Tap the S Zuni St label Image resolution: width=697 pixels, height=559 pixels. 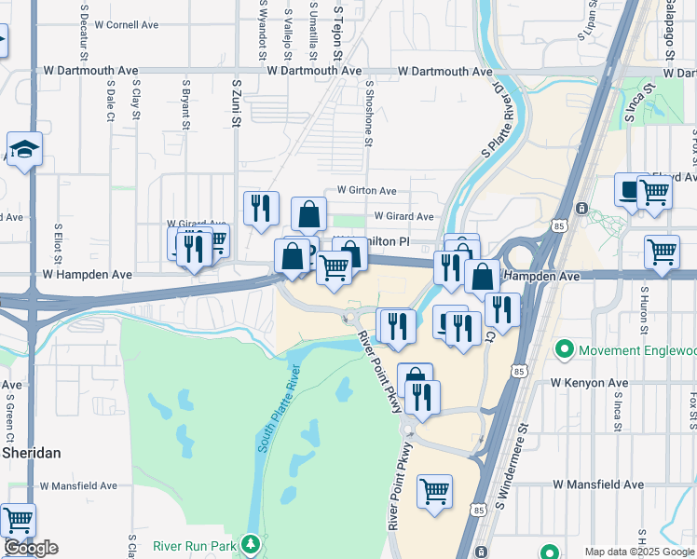pos(237,102)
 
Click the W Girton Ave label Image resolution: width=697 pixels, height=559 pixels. pos(366,190)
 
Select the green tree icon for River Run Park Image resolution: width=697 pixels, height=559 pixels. pos(250,543)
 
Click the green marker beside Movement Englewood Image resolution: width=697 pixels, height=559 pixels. pos(564,350)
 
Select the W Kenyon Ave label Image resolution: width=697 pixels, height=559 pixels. pos(589,383)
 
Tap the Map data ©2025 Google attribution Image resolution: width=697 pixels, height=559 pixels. pos(639,552)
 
